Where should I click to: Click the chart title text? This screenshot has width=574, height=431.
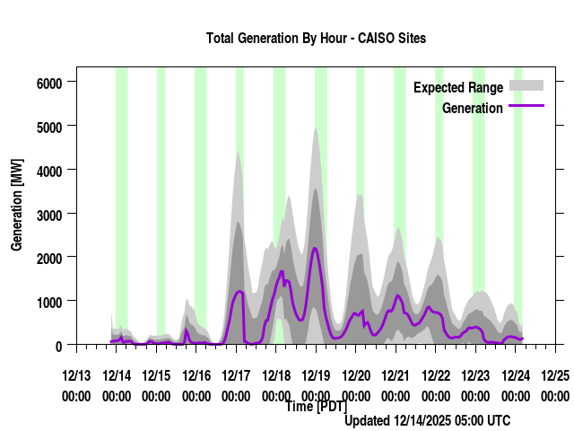316,39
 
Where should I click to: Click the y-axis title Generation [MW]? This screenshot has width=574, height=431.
16,205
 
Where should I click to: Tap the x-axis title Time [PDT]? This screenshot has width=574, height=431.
316,407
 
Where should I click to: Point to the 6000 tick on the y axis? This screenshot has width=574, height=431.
48,83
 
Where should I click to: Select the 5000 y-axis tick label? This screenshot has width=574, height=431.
48,127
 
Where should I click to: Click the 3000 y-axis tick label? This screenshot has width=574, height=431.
48,214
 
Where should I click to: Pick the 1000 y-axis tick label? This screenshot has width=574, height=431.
48,301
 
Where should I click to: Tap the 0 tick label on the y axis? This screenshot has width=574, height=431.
58,345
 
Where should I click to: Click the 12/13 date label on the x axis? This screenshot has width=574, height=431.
76,374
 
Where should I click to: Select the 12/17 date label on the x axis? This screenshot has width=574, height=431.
236,374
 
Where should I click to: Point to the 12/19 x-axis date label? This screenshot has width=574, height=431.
316,374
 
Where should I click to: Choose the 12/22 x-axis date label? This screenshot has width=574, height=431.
436,374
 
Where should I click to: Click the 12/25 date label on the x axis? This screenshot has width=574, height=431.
555,374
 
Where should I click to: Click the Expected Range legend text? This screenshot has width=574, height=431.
457,88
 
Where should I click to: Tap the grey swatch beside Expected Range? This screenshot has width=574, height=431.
526,85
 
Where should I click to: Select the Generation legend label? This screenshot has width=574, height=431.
473,109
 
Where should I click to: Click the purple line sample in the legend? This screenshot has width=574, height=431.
526,106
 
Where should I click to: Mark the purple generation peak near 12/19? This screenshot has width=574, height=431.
315,248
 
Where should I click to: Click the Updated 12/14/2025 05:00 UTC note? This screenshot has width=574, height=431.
428,420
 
